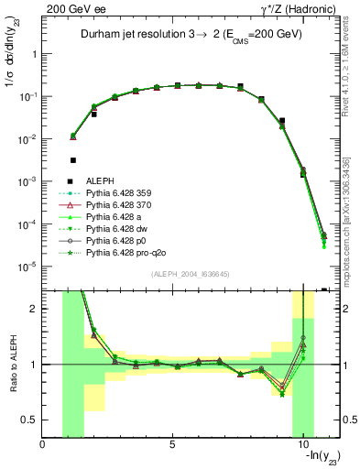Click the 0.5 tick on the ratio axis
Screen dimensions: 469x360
[x=32, y=420]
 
